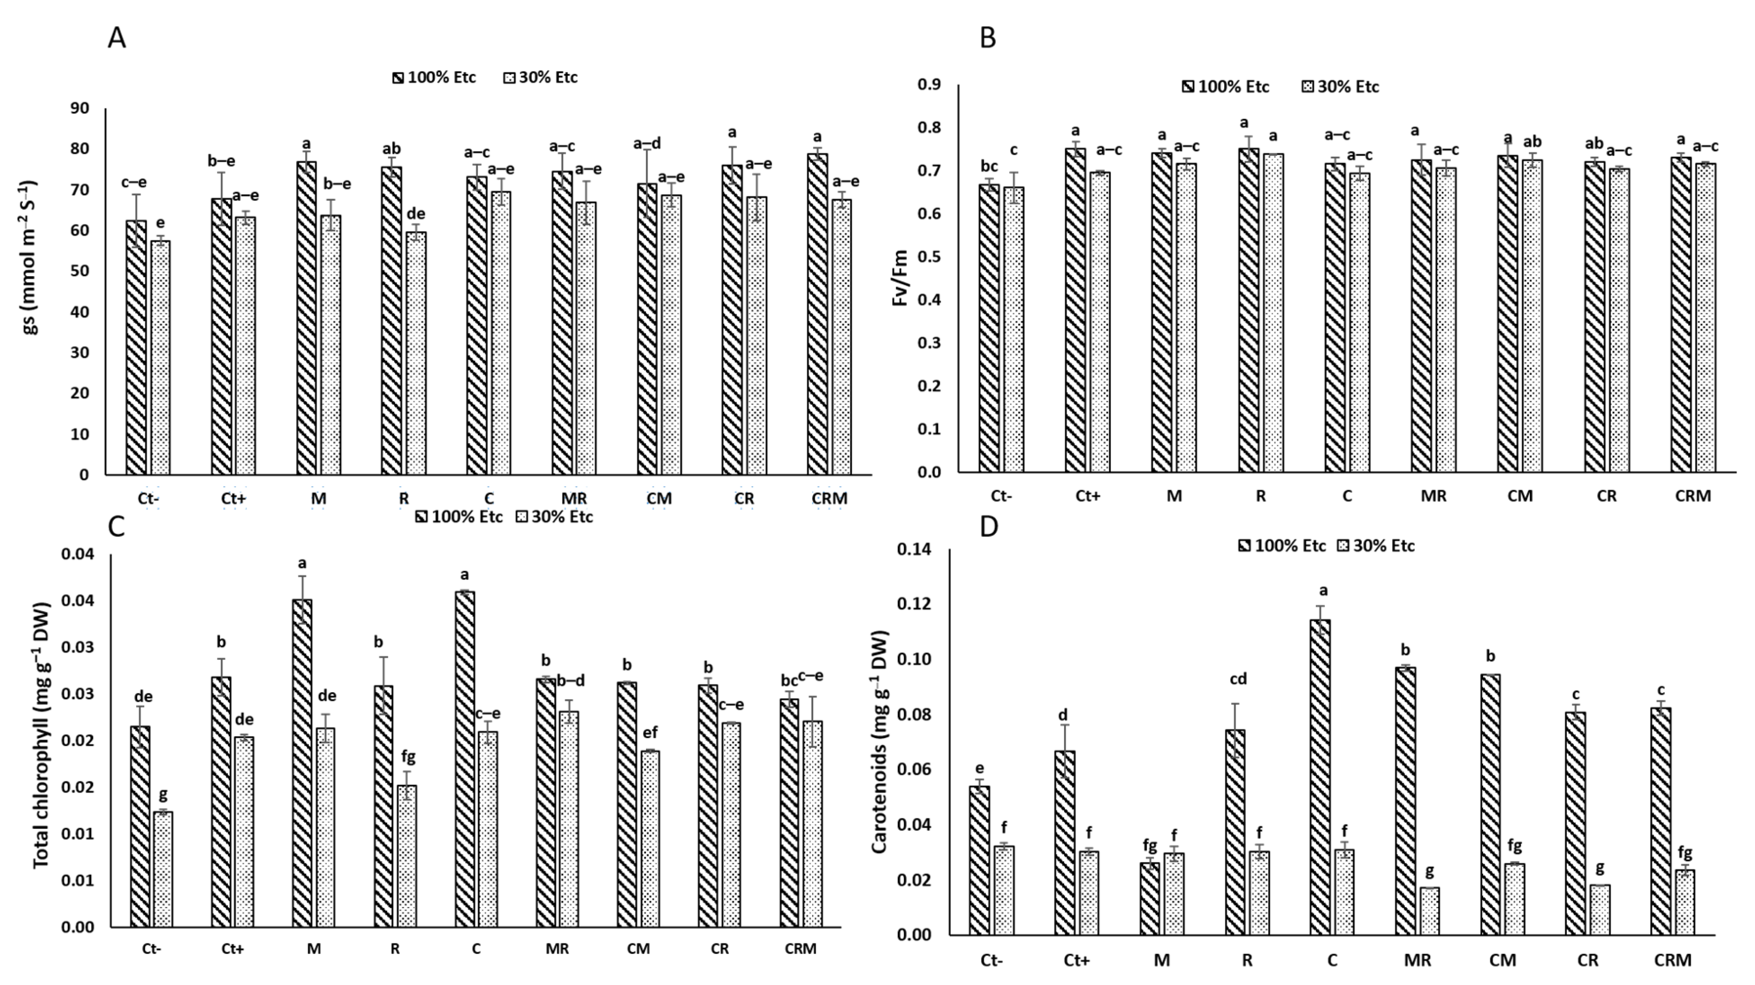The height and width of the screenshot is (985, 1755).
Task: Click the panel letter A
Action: coord(117,38)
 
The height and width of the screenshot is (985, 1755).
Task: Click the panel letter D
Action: coord(989,526)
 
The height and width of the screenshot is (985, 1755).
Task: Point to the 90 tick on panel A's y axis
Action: coord(80,108)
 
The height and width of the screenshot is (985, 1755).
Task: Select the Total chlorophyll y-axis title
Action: coord(42,736)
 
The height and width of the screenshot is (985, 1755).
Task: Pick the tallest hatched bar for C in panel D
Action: coord(1320,777)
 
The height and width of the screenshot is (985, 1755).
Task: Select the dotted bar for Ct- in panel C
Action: coord(163,868)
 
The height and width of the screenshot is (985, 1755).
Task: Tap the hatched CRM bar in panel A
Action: coord(818,313)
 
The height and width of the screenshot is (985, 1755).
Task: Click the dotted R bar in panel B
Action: coord(1273,313)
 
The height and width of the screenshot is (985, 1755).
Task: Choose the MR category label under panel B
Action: coord(1433,496)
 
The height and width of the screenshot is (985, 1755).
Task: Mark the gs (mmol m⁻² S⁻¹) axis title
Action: coord(31,257)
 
